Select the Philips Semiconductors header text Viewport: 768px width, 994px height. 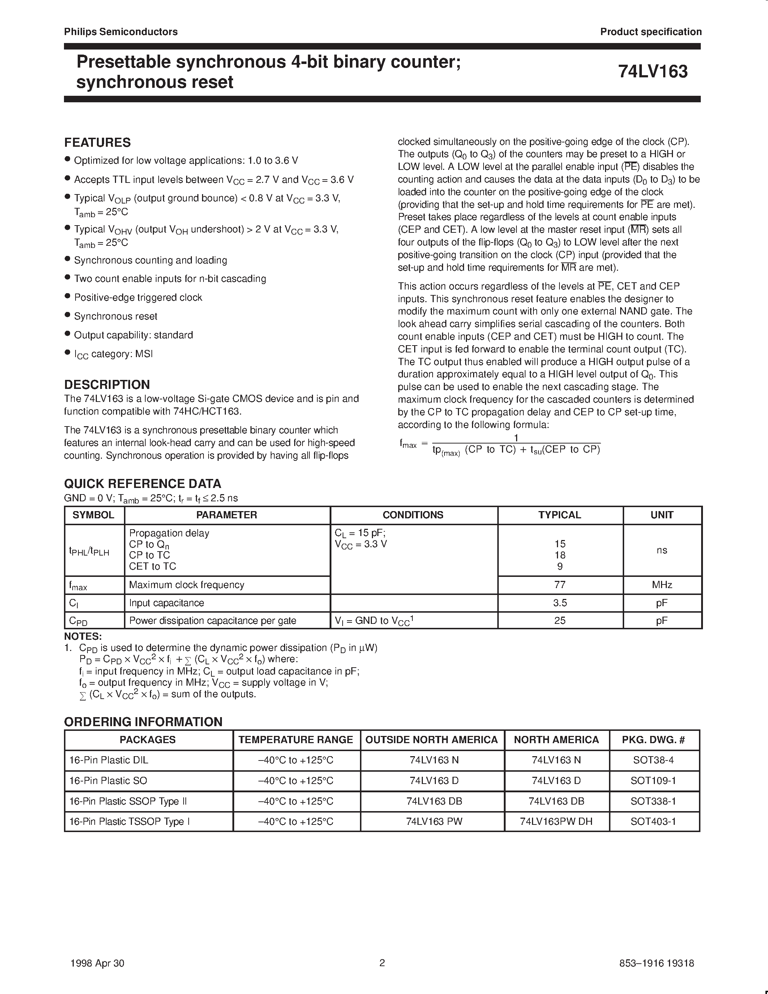(121, 32)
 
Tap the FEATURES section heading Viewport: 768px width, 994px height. (97, 142)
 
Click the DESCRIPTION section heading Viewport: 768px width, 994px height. (107, 384)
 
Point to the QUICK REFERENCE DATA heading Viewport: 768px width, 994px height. (142, 483)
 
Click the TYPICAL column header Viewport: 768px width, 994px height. (559, 515)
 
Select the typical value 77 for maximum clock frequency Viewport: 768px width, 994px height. (559, 585)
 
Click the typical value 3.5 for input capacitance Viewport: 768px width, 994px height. (559, 603)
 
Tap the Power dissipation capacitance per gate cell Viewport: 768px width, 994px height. (213, 621)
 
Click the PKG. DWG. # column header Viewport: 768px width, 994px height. (653, 740)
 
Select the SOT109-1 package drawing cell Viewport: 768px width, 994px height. (653, 781)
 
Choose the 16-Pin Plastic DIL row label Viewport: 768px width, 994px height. (109, 761)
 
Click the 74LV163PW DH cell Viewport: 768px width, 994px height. (556, 822)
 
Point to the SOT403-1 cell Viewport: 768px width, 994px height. (653, 822)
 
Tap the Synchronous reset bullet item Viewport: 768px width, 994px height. (116, 316)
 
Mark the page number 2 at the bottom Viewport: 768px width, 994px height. (382, 963)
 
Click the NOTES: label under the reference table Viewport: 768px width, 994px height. (83, 636)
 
